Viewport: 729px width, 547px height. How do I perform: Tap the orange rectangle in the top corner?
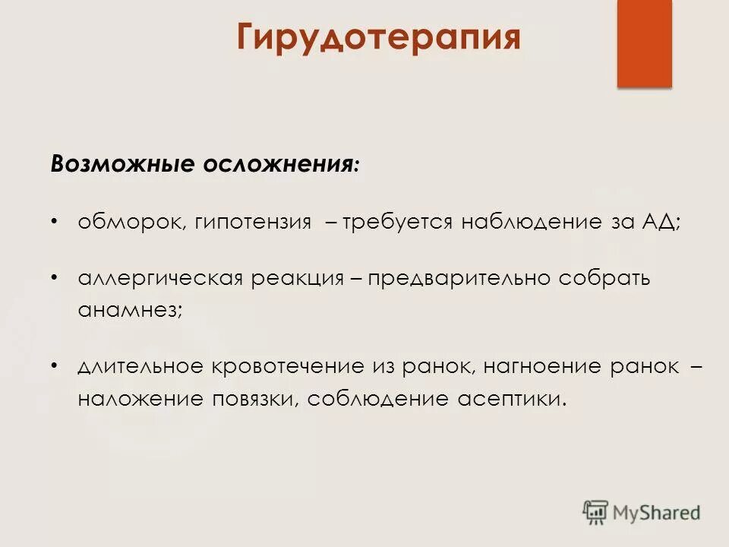pos(644,43)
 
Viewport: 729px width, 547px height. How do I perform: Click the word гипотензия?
pos(253,223)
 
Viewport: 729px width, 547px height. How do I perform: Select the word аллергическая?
pos(159,279)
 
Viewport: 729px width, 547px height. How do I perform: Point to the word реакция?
pos(297,279)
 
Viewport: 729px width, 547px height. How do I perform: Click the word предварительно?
pos(459,279)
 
